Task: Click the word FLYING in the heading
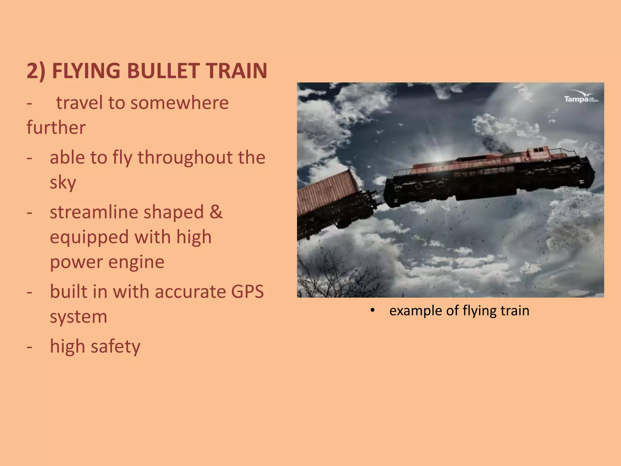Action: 86,71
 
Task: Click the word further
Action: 56,127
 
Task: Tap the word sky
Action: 63,183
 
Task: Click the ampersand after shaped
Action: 216,212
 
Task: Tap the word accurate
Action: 190,292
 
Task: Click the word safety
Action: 115,346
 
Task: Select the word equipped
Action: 89,237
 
